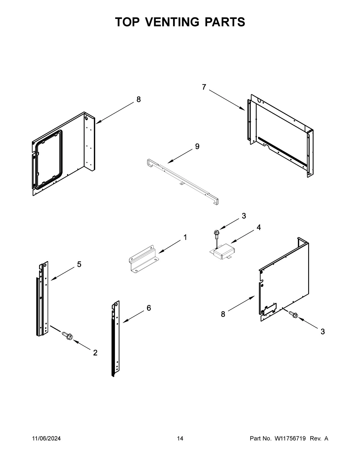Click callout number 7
pos(204,87)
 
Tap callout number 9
pos(197,146)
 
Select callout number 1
pos(185,237)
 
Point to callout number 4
pos(258,227)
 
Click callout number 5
pos(79,264)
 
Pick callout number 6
pos(149,308)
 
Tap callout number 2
pos(95,353)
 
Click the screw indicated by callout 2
pos(68,336)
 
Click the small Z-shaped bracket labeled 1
pos(142,258)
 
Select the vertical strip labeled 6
pos(115,339)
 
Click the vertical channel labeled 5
pos(42,300)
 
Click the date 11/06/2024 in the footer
pos(46,439)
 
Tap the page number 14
pos(180,439)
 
